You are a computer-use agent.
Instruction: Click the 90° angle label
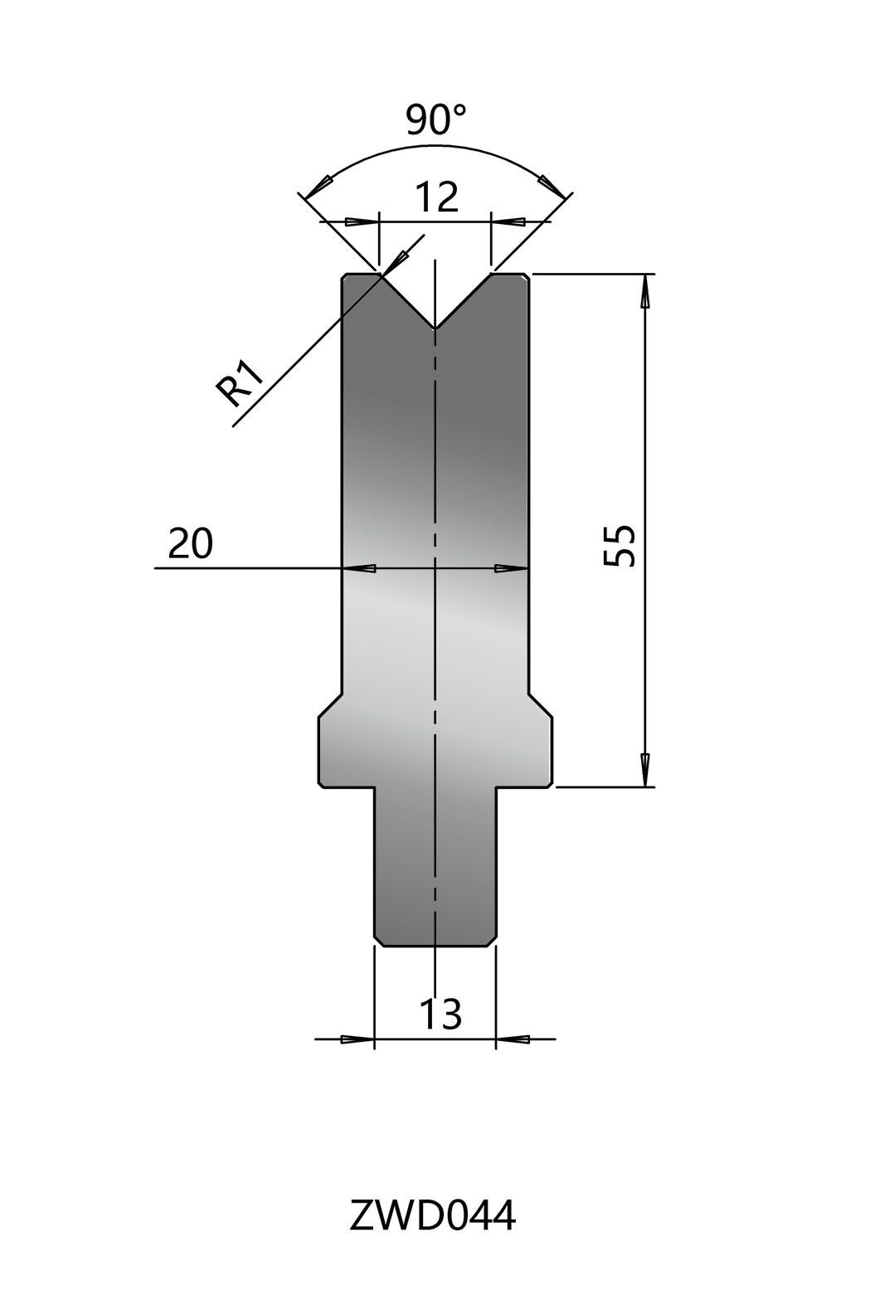pyautogui.click(x=436, y=119)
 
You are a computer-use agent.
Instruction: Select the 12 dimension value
pyautogui.click(x=438, y=197)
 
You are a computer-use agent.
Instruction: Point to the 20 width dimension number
pyautogui.click(x=190, y=543)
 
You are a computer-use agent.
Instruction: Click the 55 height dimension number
pyautogui.click(x=620, y=546)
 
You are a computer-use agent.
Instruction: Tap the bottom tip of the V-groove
pyautogui.click(x=435, y=328)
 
